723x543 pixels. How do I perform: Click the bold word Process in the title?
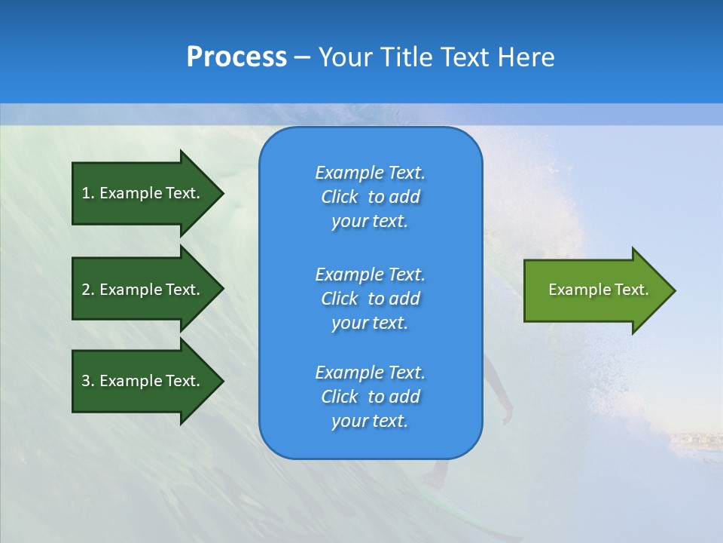tap(236, 57)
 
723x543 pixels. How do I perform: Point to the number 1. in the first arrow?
tap(88, 193)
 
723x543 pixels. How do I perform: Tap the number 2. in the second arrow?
tap(88, 290)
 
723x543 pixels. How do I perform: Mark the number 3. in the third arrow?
tap(88, 381)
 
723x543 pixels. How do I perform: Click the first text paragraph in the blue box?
tap(370, 197)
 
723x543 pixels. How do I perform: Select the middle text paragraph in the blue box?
tap(370, 299)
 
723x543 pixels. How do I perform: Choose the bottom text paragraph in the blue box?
tap(370, 397)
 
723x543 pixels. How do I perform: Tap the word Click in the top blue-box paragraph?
tap(340, 197)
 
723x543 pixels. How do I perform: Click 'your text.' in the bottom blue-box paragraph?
tap(370, 421)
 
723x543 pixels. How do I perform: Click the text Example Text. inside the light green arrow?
tap(599, 290)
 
